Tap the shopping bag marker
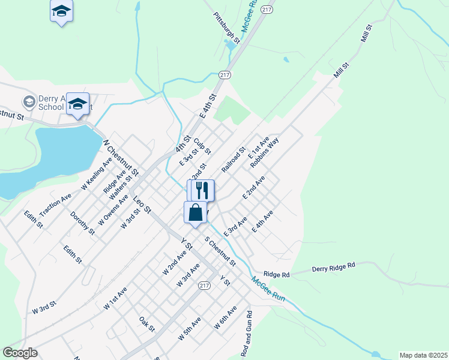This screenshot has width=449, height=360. (196, 212)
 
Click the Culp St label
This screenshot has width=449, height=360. (202, 145)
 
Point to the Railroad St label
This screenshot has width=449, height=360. (234, 160)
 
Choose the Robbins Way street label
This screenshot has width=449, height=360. (265, 152)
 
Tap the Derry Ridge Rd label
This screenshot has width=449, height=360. (334, 266)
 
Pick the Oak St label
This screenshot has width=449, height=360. (147, 325)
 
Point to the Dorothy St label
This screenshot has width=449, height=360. (82, 223)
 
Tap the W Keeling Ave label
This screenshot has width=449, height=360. (97, 173)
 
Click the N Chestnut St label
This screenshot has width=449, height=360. (121, 158)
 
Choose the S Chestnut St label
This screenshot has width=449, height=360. (220, 251)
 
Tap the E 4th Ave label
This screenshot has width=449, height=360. (262, 221)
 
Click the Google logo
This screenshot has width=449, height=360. (20, 353)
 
